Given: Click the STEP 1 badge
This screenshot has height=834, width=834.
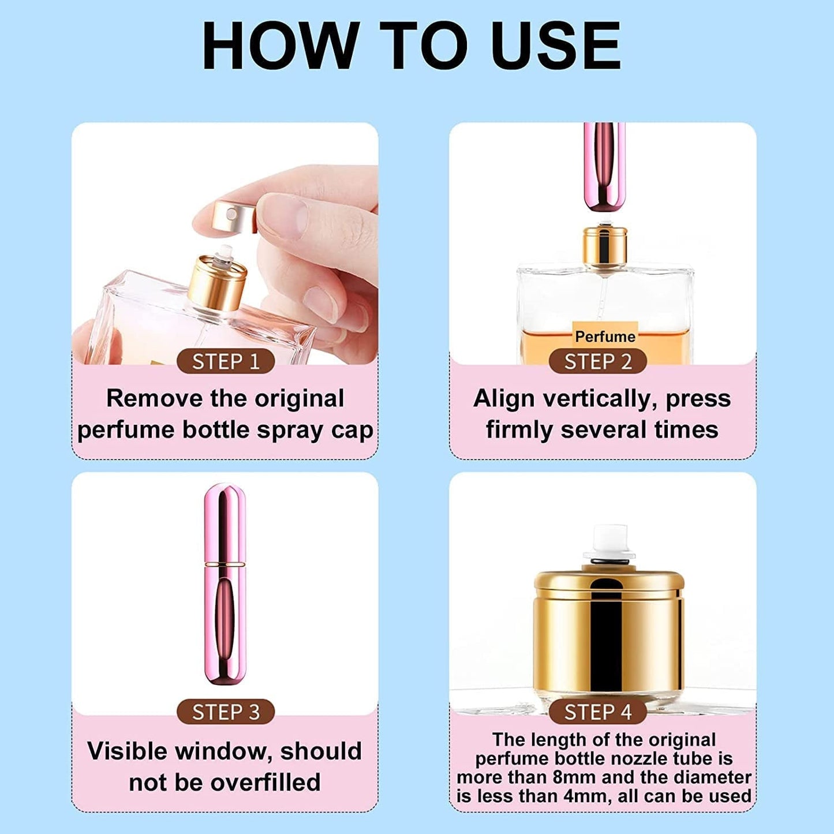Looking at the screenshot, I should [x=225, y=362].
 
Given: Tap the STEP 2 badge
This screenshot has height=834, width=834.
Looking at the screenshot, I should [x=597, y=362].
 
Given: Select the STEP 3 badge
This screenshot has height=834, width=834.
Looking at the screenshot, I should [x=225, y=712].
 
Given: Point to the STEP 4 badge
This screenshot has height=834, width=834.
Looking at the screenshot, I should [x=597, y=712].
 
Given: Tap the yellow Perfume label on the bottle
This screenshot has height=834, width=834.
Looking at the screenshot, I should [x=605, y=336].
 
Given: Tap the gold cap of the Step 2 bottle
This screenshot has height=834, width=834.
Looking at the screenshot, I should [x=604, y=245].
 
